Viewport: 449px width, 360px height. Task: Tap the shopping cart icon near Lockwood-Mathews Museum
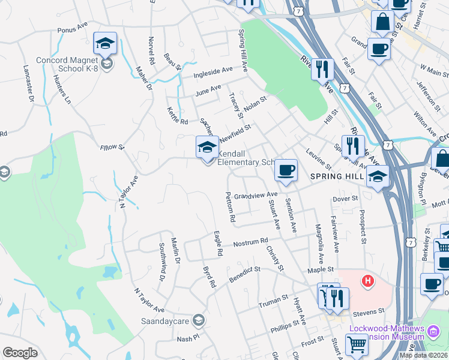(357, 345)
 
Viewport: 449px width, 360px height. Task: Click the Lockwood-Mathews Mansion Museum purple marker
(432, 330)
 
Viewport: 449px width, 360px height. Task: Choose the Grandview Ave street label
(256, 196)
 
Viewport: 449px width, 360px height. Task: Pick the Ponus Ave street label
(73, 29)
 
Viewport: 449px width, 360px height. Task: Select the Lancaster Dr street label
(26, 83)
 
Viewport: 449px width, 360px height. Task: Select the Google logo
(20, 353)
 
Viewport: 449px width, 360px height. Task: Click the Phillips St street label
(285, 325)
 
